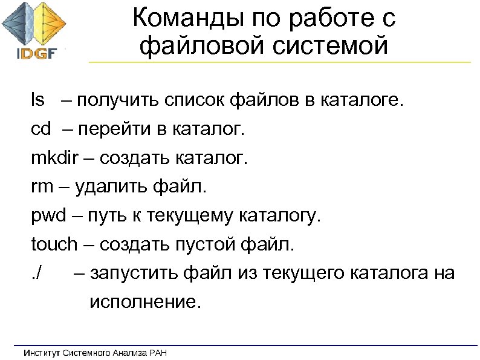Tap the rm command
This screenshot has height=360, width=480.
[x=42, y=188]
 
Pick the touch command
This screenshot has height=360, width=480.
[x=54, y=245]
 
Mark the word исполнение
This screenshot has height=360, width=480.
[x=143, y=302]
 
